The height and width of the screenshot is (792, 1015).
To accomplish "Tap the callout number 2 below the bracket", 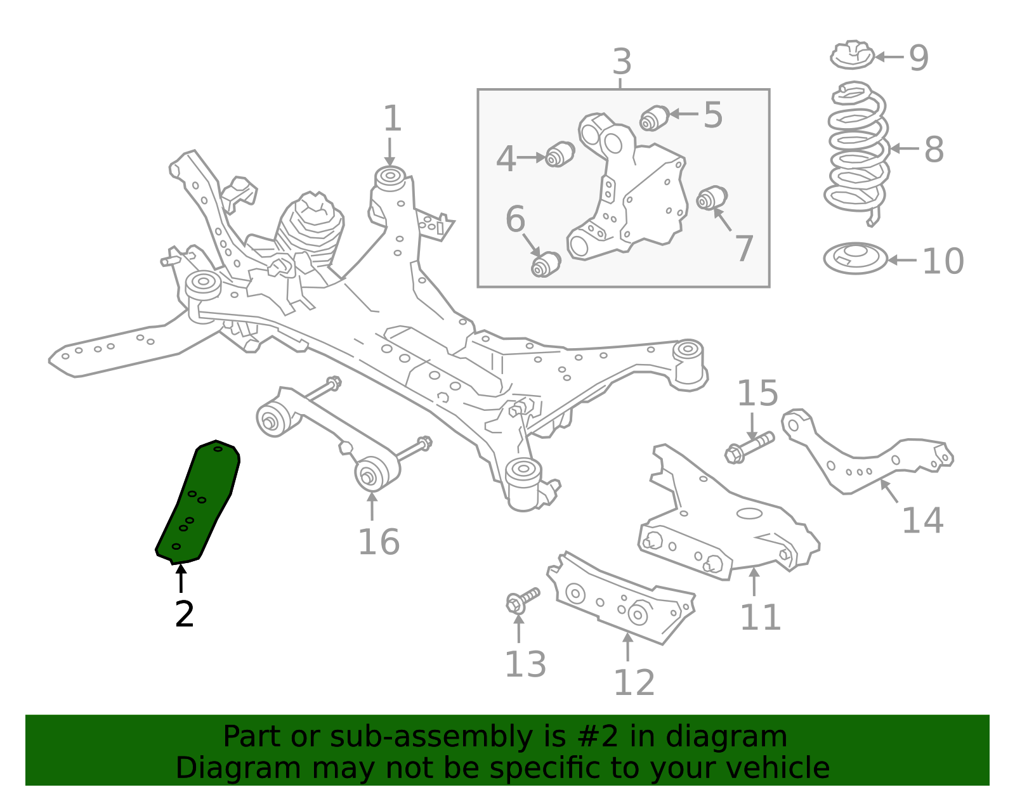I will tap(184, 614).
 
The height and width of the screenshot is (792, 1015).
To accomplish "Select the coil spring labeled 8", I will tap(856, 152).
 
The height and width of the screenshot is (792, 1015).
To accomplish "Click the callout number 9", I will tap(919, 58).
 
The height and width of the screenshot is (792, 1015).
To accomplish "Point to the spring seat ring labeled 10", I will tap(855, 259).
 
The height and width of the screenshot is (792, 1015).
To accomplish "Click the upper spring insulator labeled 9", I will tap(852, 55).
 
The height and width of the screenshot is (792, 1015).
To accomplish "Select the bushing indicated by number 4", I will tap(560, 154).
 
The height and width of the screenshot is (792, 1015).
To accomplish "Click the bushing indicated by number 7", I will tap(712, 198).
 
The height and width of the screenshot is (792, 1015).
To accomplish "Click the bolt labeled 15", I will tap(749, 446).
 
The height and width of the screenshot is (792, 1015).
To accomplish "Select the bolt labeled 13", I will tap(522, 600).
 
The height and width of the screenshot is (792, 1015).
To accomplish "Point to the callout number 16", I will tap(379, 542).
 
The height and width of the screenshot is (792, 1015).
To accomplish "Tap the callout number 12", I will tap(634, 683).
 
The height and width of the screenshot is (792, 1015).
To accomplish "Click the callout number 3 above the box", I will tap(622, 62).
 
